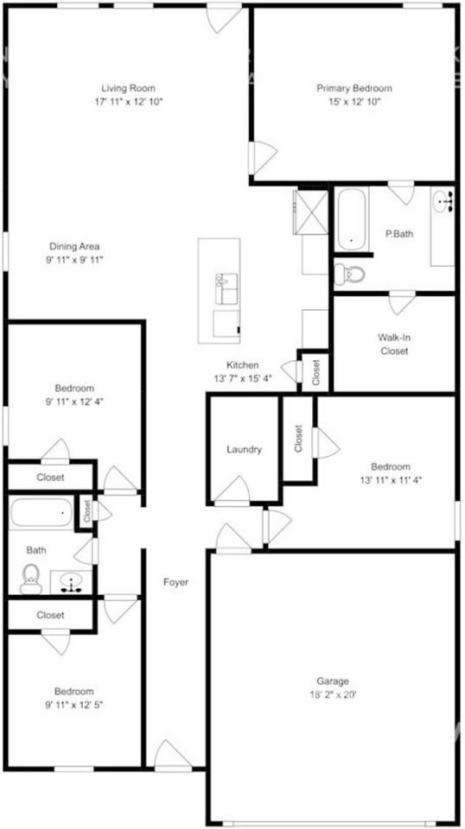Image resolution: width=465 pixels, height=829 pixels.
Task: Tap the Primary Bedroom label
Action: tap(354, 88)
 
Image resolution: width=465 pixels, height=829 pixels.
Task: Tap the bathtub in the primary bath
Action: tap(352, 219)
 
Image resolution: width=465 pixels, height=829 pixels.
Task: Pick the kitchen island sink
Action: tap(226, 288)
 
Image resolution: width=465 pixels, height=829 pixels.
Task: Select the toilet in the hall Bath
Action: tap(32, 578)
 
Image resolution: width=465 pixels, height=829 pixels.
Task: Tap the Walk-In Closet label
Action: tap(393, 344)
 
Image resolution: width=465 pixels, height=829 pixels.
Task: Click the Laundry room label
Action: tap(244, 449)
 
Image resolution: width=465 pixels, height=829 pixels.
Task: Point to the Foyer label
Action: tap(176, 582)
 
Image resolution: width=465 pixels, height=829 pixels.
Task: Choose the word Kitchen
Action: tap(243, 365)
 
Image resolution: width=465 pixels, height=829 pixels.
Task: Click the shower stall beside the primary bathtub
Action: tap(310, 207)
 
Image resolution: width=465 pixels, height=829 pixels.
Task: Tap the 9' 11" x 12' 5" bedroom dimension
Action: tap(75, 704)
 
